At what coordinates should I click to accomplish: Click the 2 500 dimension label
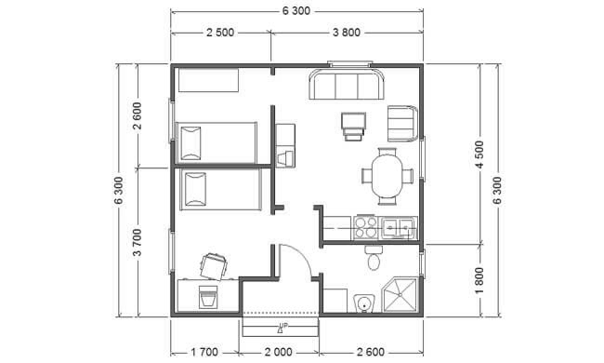pyautogui.click(x=220, y=33)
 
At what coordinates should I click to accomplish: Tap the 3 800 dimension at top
pyautogui.click(x=347, y=33)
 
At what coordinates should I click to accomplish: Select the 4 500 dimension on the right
pyautogui.click(x=479, y=155)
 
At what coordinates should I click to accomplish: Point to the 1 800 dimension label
pyautogui.click(x=479, y=280)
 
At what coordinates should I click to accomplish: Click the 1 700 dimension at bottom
pyautogui.click(x=204, y=352)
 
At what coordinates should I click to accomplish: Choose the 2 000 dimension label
pyautogui.click(x=278, y=352)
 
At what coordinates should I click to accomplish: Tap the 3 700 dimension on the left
pyautogui.click(x=138, y=242)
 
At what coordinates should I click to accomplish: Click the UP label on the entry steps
pyautogui.click(x=283, y=326)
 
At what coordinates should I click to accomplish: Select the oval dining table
pyautogui.click(x=387, y=176)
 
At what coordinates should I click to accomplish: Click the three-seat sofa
pyautogui.click(x=347, y=84)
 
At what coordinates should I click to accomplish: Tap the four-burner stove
pyautogui.click(x=366, y=227)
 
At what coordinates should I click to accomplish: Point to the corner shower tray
pyautogui.click(x=400, y=295)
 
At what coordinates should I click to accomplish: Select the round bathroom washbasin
pyautogui.click(x=364, y=303)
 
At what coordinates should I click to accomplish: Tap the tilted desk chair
pyautogui.click(x=214, y=266)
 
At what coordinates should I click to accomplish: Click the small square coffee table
pyautogui.click(x=353, y=127)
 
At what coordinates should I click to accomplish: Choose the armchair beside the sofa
pyautogui.click(x=402, y=124)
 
